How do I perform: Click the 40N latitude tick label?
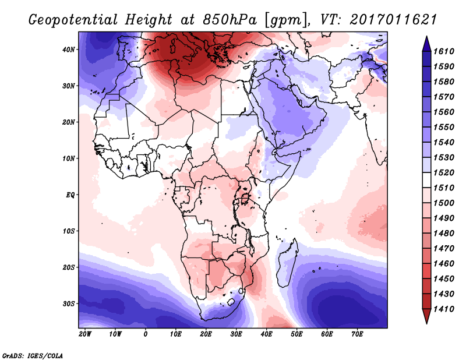69,50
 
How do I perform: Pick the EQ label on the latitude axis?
70,195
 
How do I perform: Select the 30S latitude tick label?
69,303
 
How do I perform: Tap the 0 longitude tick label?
146,334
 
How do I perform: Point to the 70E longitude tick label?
357,334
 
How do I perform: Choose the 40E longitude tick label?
266,334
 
